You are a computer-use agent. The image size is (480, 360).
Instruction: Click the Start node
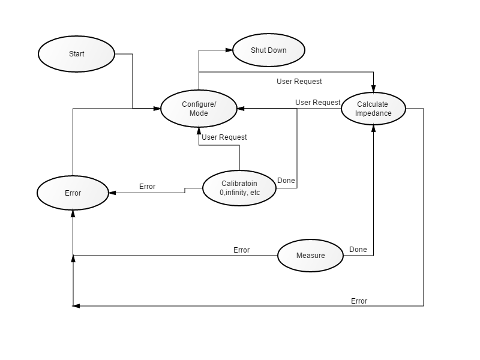point(77,54)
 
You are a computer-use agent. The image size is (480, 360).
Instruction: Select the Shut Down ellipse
point(269,50)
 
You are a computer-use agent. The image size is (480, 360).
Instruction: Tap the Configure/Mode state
point(199,109)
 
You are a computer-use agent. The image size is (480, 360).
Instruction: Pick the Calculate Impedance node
point(373,109)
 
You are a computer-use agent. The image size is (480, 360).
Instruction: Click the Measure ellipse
point(310,256)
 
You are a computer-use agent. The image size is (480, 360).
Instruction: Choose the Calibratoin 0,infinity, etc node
point(239,188)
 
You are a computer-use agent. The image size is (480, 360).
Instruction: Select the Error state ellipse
point(73,193)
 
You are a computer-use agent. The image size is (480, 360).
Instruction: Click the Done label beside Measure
point(358,250)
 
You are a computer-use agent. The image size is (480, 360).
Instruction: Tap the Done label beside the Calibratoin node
point(286,181)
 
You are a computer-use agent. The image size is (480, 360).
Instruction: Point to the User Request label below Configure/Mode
point(224,137)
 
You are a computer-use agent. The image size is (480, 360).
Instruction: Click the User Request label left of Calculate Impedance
point(318,102)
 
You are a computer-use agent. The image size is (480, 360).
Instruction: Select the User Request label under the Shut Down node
point(299,82)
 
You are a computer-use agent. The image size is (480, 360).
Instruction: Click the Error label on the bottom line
point(359,301)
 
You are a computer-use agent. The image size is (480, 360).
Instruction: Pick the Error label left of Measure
point(242,250)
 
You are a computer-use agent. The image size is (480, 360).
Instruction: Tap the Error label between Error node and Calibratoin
point(147,187)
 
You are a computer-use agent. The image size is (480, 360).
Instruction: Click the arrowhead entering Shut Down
point(229,50)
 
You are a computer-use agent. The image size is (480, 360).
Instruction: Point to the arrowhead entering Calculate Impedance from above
point(373,89)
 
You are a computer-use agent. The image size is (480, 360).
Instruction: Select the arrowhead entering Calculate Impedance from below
point(373,128)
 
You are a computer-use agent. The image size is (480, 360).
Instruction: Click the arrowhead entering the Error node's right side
point(112,193)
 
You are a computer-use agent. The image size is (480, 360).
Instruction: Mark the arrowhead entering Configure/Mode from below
point(199,131)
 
